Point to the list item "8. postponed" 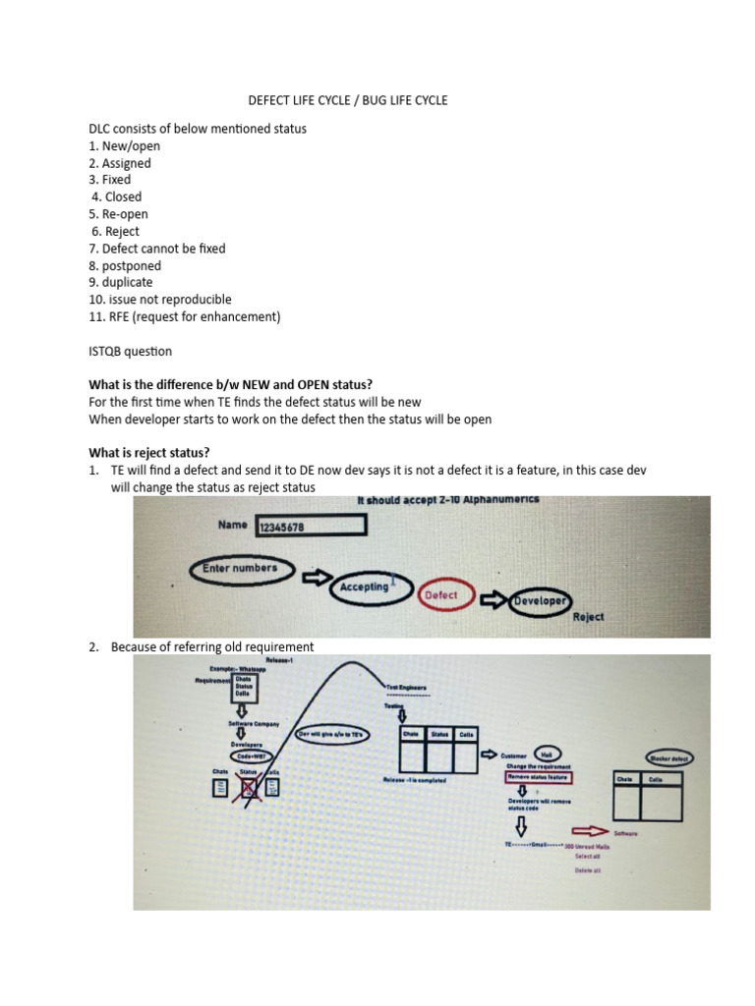tap(124, 265)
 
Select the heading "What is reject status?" tap(149, 453)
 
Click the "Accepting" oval tap(365, 587)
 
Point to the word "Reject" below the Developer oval tap(588, 617)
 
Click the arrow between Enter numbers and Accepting tap(318, 578)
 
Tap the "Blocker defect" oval tap(668, 759)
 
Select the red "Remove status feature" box tap(539, 777)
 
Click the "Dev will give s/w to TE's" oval tap(329, 734)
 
